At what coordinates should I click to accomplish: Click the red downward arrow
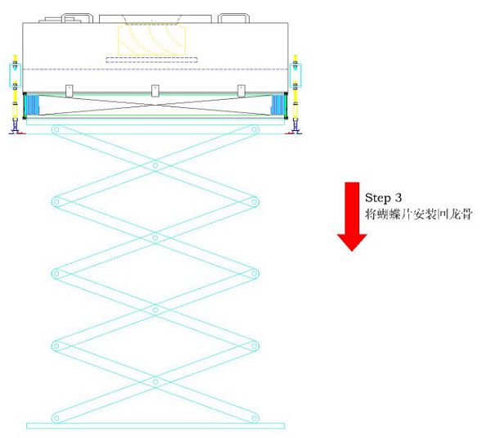(x=352, y=216)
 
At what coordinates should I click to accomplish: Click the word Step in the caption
(x=377, y=198)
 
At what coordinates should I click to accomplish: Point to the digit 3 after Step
(x=398, y=198)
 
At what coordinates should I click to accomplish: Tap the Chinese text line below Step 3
(x=418, y=214)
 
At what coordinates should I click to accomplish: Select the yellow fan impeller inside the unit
(x=151, y=40)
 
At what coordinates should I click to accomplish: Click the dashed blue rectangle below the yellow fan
(x=151, y=60)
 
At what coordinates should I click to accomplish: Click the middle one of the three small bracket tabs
(x=155, y=90)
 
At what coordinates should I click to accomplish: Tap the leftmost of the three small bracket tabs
(x=70, y=90)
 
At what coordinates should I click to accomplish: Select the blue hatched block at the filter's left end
(x=32, y=105)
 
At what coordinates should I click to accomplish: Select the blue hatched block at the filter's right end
(x=277, y=105)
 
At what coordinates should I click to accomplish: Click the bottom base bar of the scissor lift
(x=155, y=426)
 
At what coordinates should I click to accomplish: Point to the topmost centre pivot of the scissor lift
(x=155, y=165)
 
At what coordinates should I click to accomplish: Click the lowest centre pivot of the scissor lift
(x=155, y=382)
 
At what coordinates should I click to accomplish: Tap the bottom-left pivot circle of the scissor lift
(x=56, y=418)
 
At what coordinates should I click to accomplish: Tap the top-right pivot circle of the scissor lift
(x=255, y=129)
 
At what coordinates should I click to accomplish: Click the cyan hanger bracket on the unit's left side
(x=15, y=75)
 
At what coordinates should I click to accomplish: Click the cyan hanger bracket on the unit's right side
(x=295, y=75)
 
